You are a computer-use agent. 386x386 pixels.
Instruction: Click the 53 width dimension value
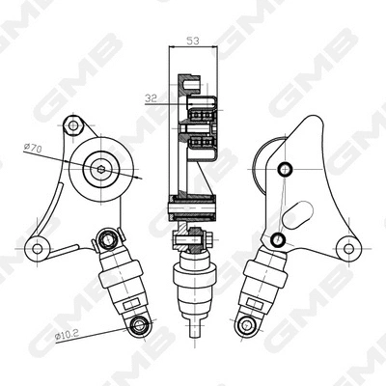point(193,41)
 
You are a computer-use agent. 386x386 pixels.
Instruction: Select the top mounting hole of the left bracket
point(70,124)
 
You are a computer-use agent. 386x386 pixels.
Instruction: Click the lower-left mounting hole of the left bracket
point(38,247)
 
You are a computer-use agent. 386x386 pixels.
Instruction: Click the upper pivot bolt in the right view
point(283,171)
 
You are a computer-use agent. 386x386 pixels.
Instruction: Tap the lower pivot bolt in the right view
point(279,238)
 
